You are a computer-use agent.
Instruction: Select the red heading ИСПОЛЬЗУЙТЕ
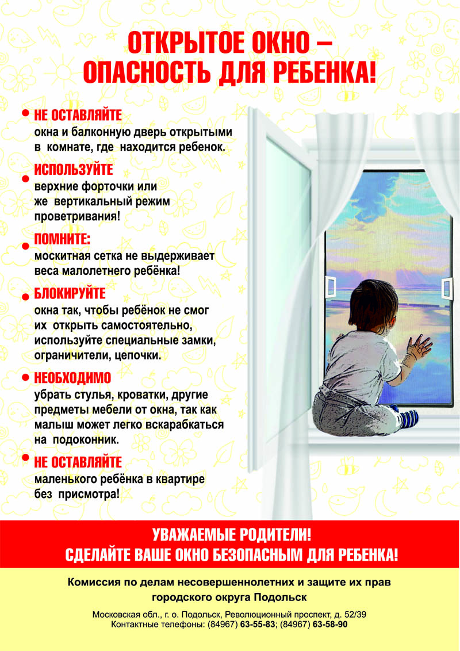(x=74, y=170)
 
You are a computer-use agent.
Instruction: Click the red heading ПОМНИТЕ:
(x=63, y=238)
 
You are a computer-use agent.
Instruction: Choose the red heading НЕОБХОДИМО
(x=72, y=378)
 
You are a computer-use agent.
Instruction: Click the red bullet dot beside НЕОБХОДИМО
(x=25, y=379)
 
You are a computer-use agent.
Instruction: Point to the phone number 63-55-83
(x=259, y=624)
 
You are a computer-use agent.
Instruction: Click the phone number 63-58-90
(x=330, y=624)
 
